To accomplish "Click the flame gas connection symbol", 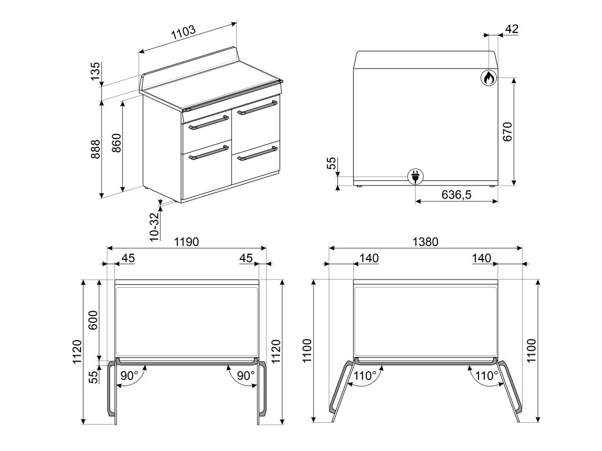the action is tap(489, 78).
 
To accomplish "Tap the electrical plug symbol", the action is tap(416, 177).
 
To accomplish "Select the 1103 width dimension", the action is tap(183, 33).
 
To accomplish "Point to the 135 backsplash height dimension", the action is tap(95, 70).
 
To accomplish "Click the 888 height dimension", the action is tap(95, 149).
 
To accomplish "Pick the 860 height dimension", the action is tap(116, 143).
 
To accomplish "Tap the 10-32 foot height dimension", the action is tap(155, 227).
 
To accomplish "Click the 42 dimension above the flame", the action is tap(512, 29).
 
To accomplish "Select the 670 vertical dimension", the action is tap(507, 132).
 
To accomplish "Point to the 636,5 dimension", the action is tap(456, 195).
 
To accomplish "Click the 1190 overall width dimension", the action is tap(186, 241).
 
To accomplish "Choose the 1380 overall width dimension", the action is tap(426, 241).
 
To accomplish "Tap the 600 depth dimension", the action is tap(93, 320).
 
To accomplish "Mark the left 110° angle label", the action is tap(365, 375).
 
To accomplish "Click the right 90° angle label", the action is tap(246, 375).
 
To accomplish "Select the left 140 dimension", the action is tap(369, 258).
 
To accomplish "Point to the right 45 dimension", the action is tap(246, 258).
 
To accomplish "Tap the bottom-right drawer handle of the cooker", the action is tap(257, 153).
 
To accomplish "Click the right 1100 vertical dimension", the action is tap(531, 351).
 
